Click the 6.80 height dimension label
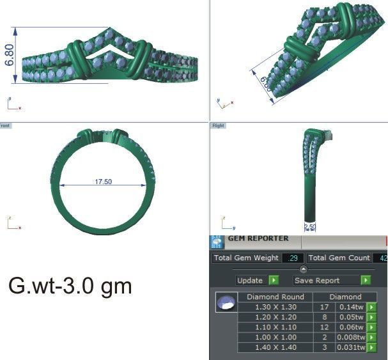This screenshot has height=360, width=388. (x=10, y=54)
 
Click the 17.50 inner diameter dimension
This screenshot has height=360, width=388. (x=104, y=182)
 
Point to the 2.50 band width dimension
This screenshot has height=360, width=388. (x=309, y=226)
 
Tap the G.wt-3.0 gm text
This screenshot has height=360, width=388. (x=70, y=286)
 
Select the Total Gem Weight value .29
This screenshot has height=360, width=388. (x=293, y=258)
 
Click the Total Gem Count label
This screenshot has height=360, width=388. (x=339, y=258)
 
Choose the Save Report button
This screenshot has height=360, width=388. (x=326, y=280)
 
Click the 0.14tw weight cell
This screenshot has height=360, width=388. (x=352, y=307)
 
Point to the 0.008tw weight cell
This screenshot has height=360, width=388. (x=352, y=337)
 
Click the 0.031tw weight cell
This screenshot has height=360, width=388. (x=352, y=347)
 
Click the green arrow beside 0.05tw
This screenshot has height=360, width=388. (x=371, y=317)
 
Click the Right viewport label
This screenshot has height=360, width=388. (x=216, y=126)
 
